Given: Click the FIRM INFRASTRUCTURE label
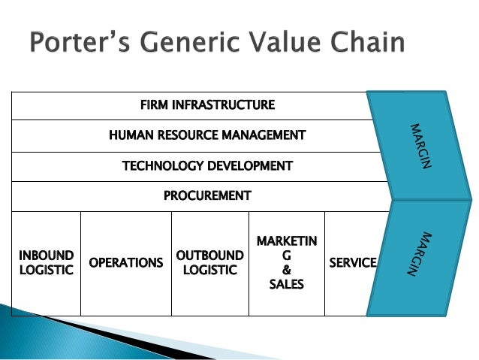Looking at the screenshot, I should point(207,104).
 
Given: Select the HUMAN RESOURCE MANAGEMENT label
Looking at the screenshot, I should point(207,135).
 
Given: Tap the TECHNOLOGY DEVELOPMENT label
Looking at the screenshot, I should point(207,165).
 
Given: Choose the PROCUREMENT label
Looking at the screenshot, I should point(207,196).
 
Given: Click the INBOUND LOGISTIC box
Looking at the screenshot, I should point(46,262).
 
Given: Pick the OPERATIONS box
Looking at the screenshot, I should point(126,262).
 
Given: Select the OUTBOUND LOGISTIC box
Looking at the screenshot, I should point(209,262).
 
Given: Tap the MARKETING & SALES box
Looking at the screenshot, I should point(286,262).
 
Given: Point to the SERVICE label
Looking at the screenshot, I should point(353,262).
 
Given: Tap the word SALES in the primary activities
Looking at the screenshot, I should point(286,284).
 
